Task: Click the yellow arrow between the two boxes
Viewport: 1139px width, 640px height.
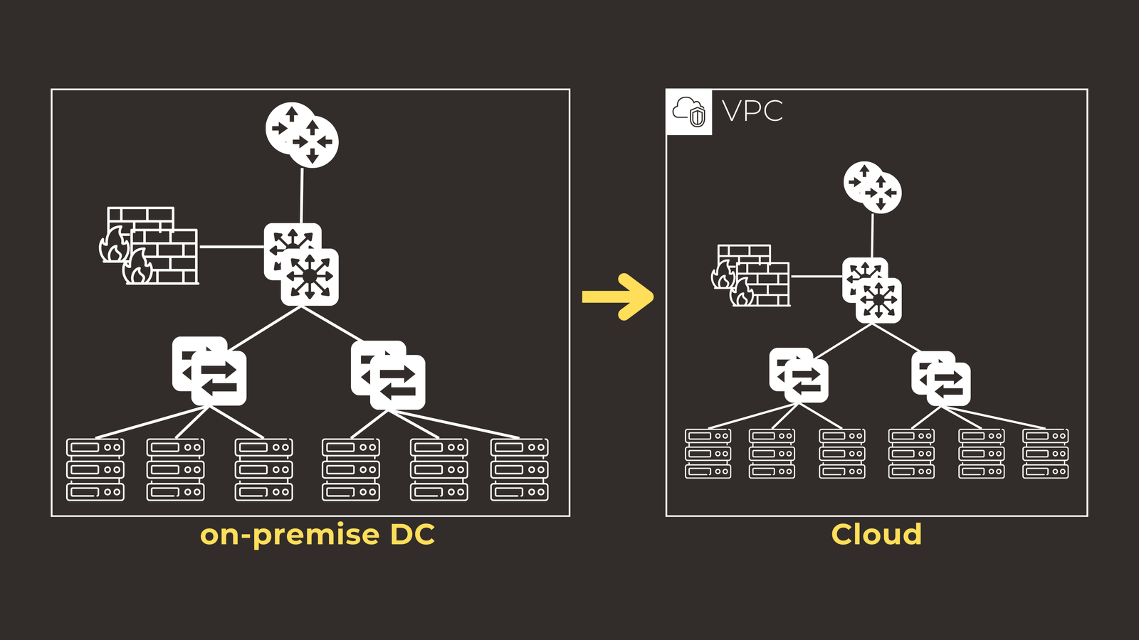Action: pos(618,297)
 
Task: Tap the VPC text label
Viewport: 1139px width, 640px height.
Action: pos(752,111)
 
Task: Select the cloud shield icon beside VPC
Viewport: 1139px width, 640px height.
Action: pos(689,112)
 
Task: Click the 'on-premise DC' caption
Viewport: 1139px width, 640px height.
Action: pos(317,535)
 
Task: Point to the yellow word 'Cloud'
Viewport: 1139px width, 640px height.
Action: pos(876,535)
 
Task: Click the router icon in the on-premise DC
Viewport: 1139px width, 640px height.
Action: pos(302,135)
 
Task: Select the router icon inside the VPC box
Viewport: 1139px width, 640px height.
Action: pos(873,187)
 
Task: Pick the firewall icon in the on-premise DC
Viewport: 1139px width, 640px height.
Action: pos(149,246)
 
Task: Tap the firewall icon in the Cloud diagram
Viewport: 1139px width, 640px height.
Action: pos(751,276)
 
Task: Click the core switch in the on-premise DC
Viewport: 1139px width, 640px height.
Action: pos(301,265)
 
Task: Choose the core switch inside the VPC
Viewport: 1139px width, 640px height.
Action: pos(872,290)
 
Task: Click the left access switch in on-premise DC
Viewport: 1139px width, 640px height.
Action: pos(209,370)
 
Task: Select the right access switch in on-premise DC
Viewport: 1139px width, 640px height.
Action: pos(388,375)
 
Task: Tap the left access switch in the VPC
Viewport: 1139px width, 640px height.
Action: pos(799,375)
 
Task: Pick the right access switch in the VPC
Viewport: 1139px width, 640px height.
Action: pos(941,378)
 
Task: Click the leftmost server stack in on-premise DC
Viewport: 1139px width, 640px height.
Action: pos(95,469)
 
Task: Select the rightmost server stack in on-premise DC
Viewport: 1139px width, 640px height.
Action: pos(519,469)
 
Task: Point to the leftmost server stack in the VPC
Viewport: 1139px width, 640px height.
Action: pos(708,454)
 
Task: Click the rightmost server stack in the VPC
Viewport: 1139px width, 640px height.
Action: pos(1045,454)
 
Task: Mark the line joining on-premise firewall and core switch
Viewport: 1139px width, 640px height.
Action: pos(231,247)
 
